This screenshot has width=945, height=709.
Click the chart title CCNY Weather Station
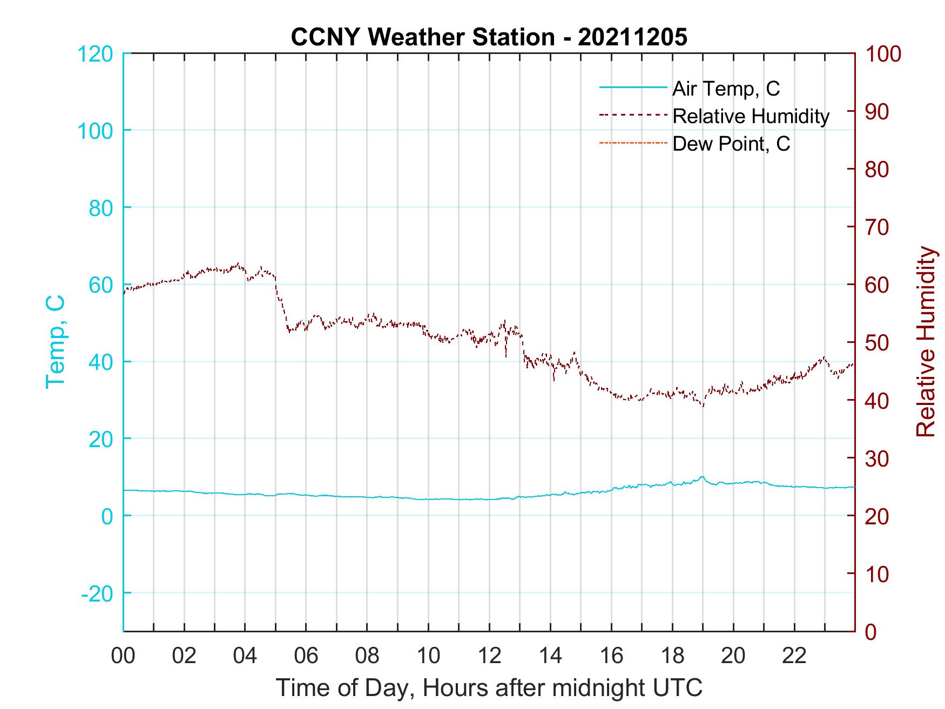point(489,38)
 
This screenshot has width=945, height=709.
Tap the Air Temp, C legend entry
point(725,89)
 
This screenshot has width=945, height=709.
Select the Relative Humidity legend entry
point(750,116)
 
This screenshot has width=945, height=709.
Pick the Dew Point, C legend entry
point(731,144)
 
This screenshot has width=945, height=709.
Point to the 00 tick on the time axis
point(124,656)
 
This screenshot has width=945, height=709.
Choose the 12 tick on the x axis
point(489,656)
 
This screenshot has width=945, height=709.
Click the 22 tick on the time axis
point(794,656)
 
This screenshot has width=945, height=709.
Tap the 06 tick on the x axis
point(306,656)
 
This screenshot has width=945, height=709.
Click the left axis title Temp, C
point(55,342)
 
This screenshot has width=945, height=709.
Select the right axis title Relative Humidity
point(926,342)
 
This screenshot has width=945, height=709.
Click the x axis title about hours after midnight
point(489,688)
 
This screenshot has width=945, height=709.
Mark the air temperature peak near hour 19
point(701,477)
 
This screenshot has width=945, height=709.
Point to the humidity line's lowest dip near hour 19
point(703,406)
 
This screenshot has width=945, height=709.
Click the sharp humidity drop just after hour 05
point(282,305)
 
